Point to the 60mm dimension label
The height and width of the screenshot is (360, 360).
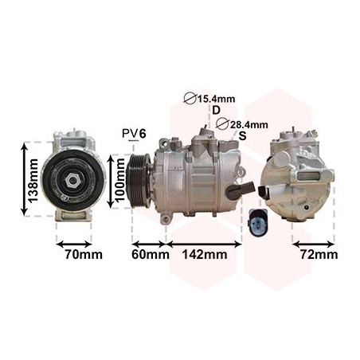(x=149, y=255)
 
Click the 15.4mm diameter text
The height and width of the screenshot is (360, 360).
(x=217, y=99)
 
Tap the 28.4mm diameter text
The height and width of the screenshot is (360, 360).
(x=248, y=124)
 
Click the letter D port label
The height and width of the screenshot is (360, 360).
(x=216, y=110)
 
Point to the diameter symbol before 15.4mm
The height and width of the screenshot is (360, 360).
(x=189, y=99)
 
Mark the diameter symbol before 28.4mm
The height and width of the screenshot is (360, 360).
(x=221, y=124)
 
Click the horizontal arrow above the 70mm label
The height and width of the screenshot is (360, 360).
(x=73, y=241)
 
